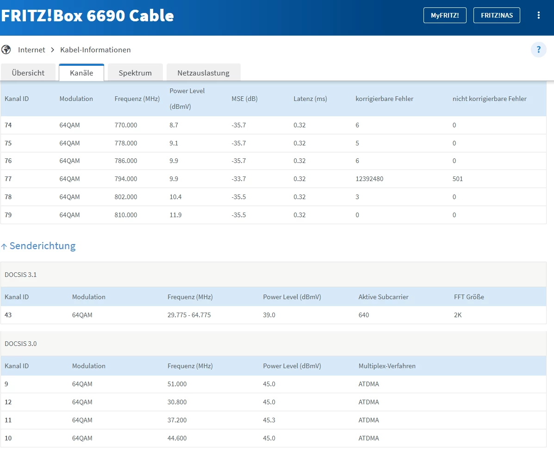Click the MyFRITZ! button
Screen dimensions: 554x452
tap(445, 15)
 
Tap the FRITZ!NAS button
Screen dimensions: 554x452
tap(497, 15)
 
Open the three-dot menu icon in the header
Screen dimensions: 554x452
tap(538, 15)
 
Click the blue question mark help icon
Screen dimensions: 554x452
tap(538, 50)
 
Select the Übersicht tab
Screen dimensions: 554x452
tap(28, 73)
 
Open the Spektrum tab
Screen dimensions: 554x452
tap(135, 73)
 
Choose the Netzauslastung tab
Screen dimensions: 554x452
tap(204, 73)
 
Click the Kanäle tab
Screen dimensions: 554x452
tap(81, 73)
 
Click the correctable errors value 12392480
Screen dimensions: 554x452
tap(369, 179)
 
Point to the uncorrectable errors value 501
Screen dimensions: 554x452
tap(458, 179)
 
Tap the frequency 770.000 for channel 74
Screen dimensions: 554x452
tap(126, 125)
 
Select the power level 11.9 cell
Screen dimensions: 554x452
tap(175, 215)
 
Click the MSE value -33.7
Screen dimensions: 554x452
tap(239, 179)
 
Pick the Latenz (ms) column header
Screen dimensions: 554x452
tap(310, 99)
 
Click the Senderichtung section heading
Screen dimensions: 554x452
tap(43, 245)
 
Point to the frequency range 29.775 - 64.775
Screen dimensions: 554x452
tap(189, 315)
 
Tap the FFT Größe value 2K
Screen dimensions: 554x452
tap(458, 315)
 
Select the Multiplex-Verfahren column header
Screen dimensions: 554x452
tap(387, 366)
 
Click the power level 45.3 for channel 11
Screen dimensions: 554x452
tap(269, 420)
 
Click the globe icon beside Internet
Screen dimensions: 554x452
tap(6, 50)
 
